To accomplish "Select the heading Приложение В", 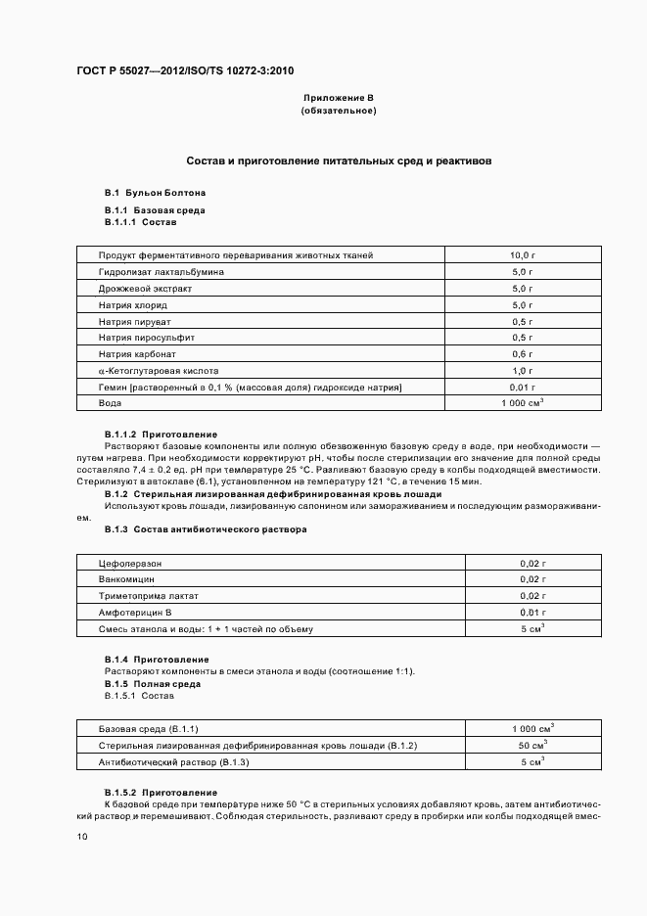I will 339,99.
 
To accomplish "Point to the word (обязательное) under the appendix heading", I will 339,111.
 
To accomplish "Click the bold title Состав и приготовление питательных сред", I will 340,159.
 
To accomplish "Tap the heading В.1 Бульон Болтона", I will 155,193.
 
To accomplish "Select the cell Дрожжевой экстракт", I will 145,290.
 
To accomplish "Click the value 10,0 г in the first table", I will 523,255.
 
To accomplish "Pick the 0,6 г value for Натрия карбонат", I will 523,353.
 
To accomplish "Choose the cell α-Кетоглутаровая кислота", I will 159,371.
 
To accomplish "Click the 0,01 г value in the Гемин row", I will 523,388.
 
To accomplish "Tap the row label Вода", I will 110,403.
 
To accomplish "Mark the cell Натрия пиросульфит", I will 147,338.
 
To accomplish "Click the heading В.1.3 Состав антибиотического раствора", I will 206,529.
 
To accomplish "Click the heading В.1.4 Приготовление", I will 157,660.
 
